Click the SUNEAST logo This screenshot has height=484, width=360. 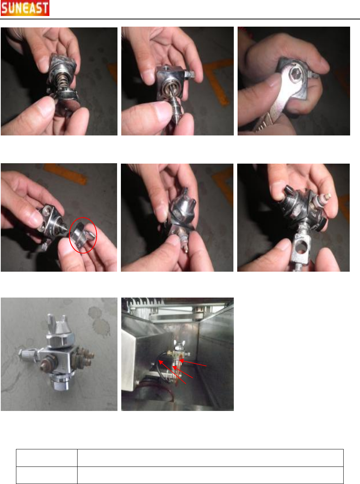point(25,8)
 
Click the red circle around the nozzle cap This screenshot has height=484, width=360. point(69,235)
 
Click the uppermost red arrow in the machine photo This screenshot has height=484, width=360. point(192,363)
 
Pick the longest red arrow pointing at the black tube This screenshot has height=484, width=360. point(172,372)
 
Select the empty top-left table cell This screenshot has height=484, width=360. point(47,458)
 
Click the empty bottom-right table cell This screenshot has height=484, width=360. point(210,475)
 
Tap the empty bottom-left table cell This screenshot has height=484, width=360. point(47,475)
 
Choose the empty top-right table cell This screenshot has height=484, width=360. point(210,458)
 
